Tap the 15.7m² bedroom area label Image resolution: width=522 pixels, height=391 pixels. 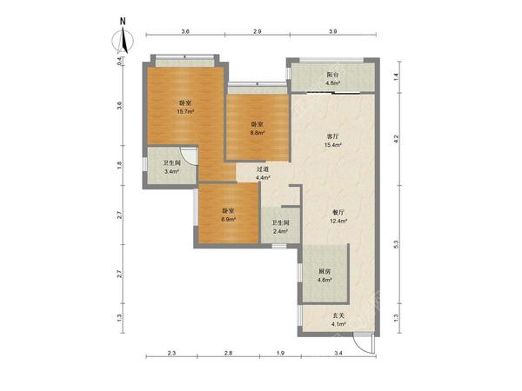[185, 112]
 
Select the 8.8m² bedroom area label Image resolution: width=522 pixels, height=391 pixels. [258, 132]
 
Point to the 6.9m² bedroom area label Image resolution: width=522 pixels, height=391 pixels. [229, 220]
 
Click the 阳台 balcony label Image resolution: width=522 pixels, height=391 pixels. [332, 75]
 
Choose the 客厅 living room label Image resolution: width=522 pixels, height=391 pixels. [332, 136]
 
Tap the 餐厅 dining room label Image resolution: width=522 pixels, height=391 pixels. [338, 212]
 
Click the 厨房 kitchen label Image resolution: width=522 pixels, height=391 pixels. [325, 271]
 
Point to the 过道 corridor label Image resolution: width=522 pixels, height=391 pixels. [263, 169]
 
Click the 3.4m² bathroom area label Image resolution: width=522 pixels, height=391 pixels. [171, 172]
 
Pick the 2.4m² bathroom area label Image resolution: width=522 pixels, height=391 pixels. [280, 231]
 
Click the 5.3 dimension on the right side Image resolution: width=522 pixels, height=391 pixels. [396, 244]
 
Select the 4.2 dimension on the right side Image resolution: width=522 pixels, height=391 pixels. [396, 139]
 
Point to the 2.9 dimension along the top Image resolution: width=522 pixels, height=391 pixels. [258, 31]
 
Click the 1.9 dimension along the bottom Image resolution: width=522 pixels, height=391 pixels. [281, 354]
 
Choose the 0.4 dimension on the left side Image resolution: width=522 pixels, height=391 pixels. [120, 61]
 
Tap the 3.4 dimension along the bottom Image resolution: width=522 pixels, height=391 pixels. [338, 354]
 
